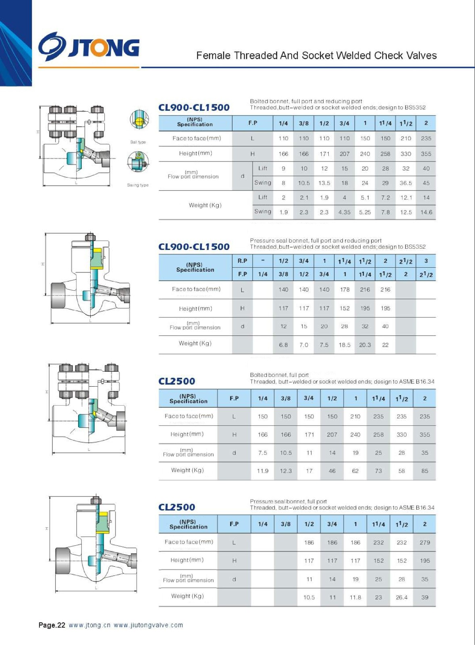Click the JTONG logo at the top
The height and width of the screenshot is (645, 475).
(x=89, y=46)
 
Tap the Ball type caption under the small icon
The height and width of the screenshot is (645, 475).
(x=138, y=142)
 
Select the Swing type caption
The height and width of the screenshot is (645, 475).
(x=138, y=185)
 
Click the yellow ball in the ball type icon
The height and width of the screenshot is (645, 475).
(x=139, y=121)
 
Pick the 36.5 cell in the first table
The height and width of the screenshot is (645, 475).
(x=406, y=183)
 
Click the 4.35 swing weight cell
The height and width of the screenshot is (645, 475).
(x=344, y=212)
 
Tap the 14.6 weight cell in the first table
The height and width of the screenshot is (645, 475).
(x=426, y=212)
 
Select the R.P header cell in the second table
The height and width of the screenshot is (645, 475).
(x=242, y=261)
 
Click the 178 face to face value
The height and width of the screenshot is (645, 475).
(x=344, y=289)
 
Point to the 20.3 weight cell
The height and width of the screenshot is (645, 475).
(x=365, y=345)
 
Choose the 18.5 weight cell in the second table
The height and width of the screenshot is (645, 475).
(x=344, y=345)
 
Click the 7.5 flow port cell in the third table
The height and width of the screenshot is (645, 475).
(x=262, y=453)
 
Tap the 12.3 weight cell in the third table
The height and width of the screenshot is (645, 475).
(x=286, y=471)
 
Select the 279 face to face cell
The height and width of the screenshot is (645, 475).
(x=425, y=543)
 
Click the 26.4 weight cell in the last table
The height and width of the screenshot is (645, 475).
(x=401, y=597)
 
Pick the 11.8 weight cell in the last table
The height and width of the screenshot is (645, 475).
(x=355, y=597)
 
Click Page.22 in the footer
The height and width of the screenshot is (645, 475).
(x=52, y=625)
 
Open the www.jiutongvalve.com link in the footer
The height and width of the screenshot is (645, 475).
(x=148, y=625)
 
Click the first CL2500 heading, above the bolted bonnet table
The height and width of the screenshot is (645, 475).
(x=176, y=381)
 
